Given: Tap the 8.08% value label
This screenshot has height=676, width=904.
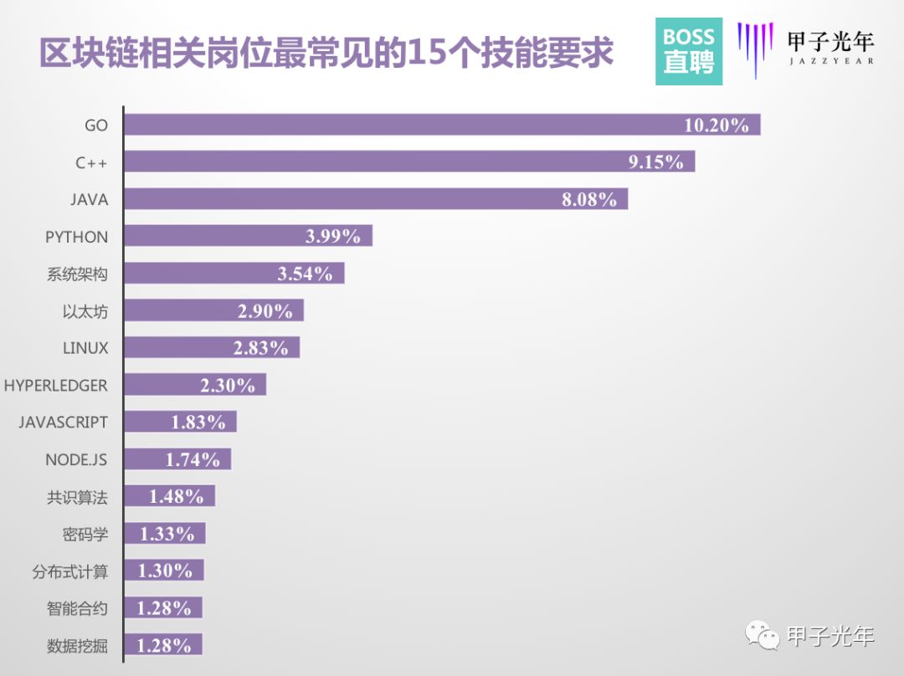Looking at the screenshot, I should (589, 199).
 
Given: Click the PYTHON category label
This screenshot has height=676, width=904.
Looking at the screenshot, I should (76, 237).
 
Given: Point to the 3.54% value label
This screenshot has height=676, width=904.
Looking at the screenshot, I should (305, 274).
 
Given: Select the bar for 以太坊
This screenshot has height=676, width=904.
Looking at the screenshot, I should (213, 310).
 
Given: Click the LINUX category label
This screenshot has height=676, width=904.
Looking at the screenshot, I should (85, 348).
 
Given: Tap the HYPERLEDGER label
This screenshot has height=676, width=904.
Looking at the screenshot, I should (56, 385).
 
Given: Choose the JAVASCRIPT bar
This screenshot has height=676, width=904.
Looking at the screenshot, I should (180, 422).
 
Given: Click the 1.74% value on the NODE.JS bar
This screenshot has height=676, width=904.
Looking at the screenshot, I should (193, 459).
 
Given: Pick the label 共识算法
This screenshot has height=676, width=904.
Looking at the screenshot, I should (77, 496).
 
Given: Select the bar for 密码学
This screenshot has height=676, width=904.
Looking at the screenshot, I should (164, 533).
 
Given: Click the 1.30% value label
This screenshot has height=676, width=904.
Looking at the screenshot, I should (164, 571).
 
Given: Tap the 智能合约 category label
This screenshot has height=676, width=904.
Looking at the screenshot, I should (77, 608).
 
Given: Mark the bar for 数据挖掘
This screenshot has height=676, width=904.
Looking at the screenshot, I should (162, 645).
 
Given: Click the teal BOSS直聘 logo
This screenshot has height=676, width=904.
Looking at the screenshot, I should (689, 51).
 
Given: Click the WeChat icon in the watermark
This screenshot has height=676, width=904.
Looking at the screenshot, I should (763, 637).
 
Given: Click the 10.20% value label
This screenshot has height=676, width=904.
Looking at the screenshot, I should (716, 125).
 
